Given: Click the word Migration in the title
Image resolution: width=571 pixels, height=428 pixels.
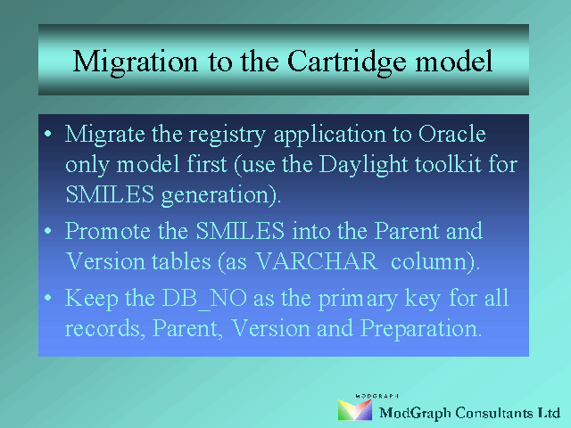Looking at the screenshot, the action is pyautogui.click(x=136, y=62).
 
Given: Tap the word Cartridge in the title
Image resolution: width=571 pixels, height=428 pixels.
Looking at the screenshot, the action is pyautogui.click(x=346, y=62).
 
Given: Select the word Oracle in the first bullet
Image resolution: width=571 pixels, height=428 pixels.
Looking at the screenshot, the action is pyautogui.click(x=452, y=134).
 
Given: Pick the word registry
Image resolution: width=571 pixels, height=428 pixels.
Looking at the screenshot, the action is pyautogui.click(x=227, y=136).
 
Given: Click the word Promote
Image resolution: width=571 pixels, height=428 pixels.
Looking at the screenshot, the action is pyautogui.click(x=108, y=231).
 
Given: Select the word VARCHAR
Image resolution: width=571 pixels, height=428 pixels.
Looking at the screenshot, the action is pyautogui.click(x=317, y=261).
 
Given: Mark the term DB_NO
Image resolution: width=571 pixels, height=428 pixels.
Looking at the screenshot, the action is pyautogui.click(x=204, y=299).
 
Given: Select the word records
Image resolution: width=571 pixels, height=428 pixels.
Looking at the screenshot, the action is pyautogui.click(x=102, y=328).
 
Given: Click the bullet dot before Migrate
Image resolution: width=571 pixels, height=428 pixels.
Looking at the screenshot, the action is pyautogui.click(x=47, y=135).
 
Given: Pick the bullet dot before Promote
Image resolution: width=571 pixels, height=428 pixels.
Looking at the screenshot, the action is pyautogui.click(x=47, y=231).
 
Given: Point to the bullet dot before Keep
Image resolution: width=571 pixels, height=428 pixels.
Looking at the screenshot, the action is pyautogui.click(x=47, y=298).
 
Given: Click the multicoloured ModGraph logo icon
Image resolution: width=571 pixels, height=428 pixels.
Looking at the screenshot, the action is pyautogui.click(x=355, y=410).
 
